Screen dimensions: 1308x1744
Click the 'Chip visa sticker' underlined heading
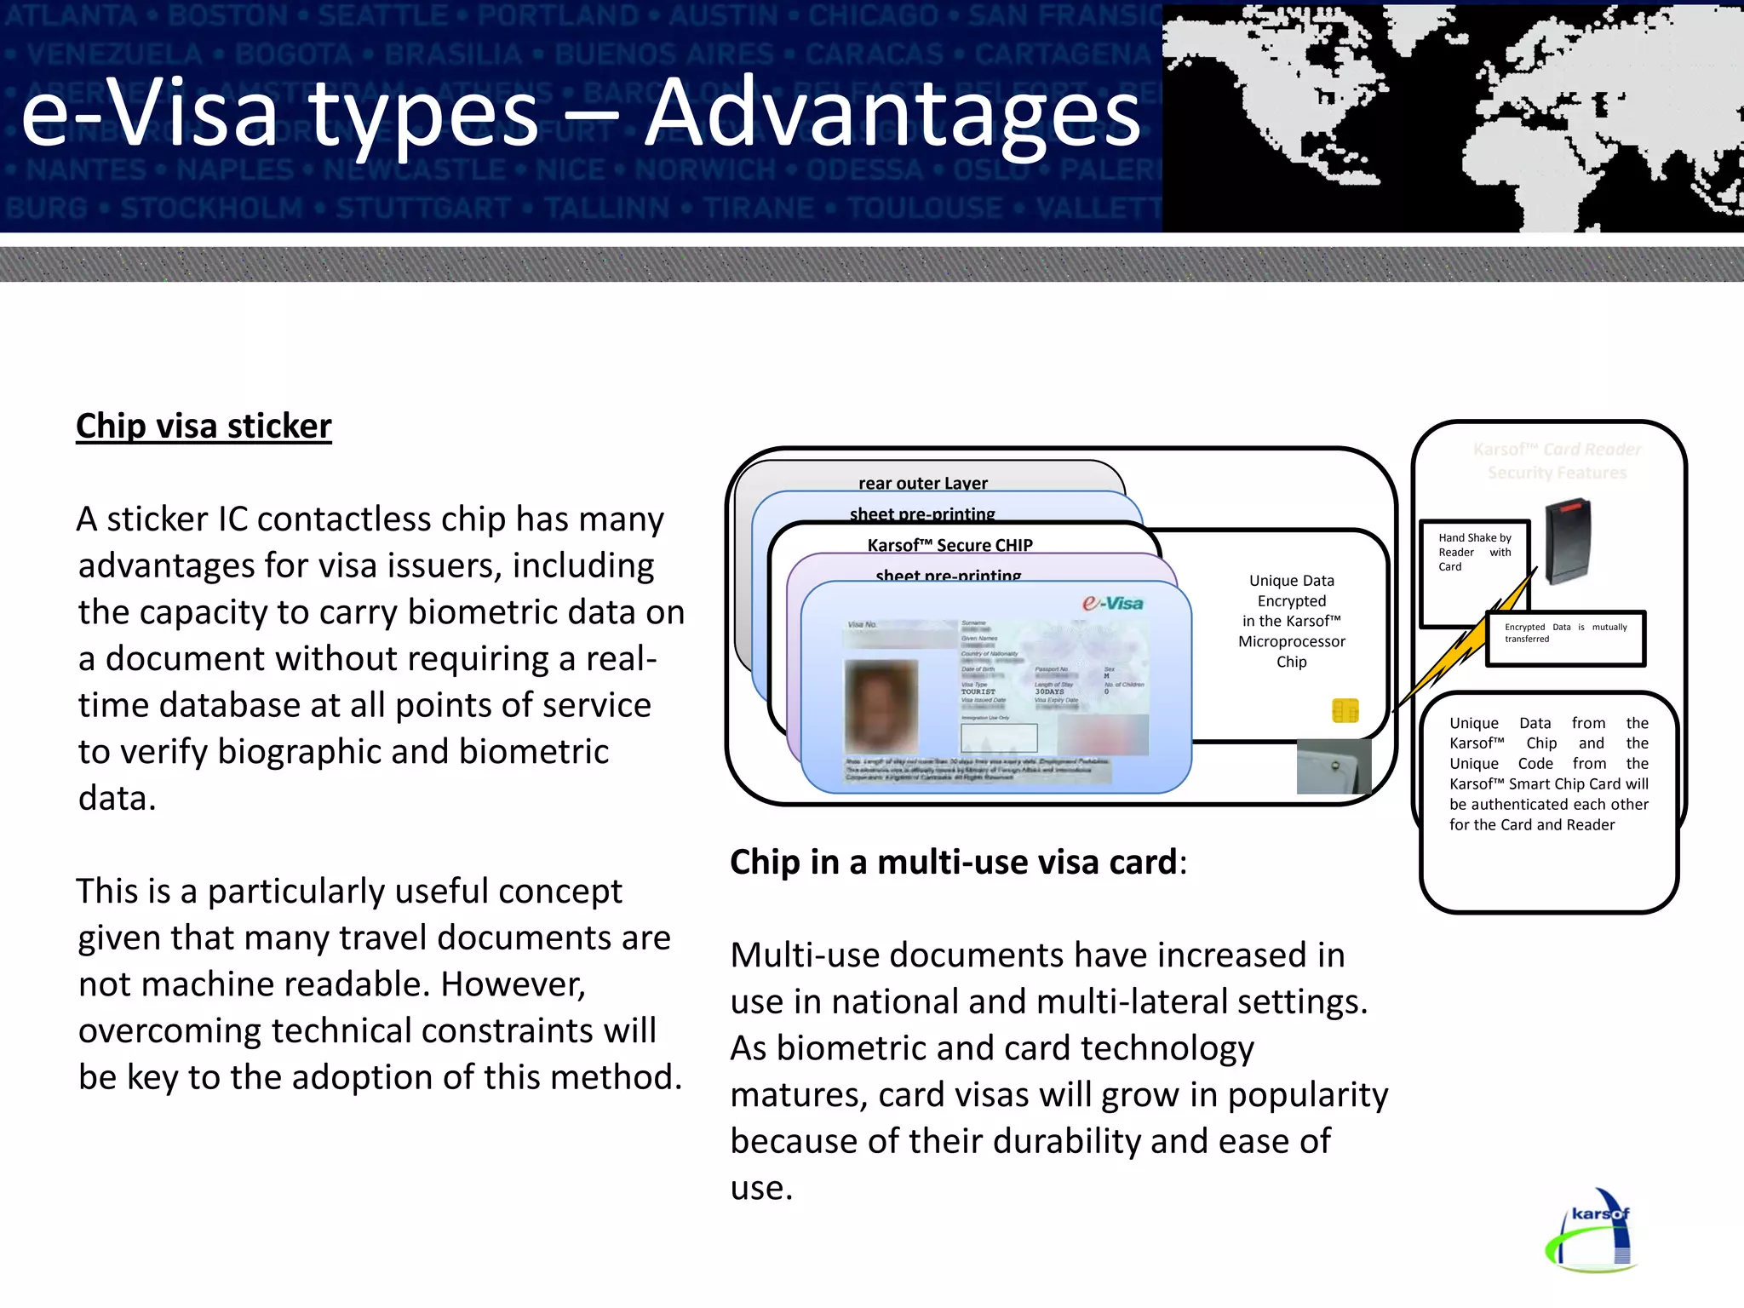(204, 426)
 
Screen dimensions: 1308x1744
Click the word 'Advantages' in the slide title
(892, 113)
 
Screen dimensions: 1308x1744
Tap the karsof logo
(1592, 1231)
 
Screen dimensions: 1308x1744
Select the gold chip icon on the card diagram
(1345, 710)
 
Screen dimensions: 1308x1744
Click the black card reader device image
(1568, 541)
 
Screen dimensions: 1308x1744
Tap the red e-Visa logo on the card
(1113, 603)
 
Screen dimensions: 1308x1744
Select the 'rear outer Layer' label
(922, 483)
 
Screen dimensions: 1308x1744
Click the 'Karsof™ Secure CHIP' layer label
(949, 545)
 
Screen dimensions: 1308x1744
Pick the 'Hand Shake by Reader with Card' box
(1474, 552)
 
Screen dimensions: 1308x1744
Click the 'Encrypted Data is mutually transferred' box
(1565, 634)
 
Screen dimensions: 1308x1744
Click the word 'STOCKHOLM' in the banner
(212, 208)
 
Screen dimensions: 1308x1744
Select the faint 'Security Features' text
(1557, 473)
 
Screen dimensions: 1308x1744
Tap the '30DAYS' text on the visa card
(1049, 691)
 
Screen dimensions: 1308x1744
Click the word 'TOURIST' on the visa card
(978, 691)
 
